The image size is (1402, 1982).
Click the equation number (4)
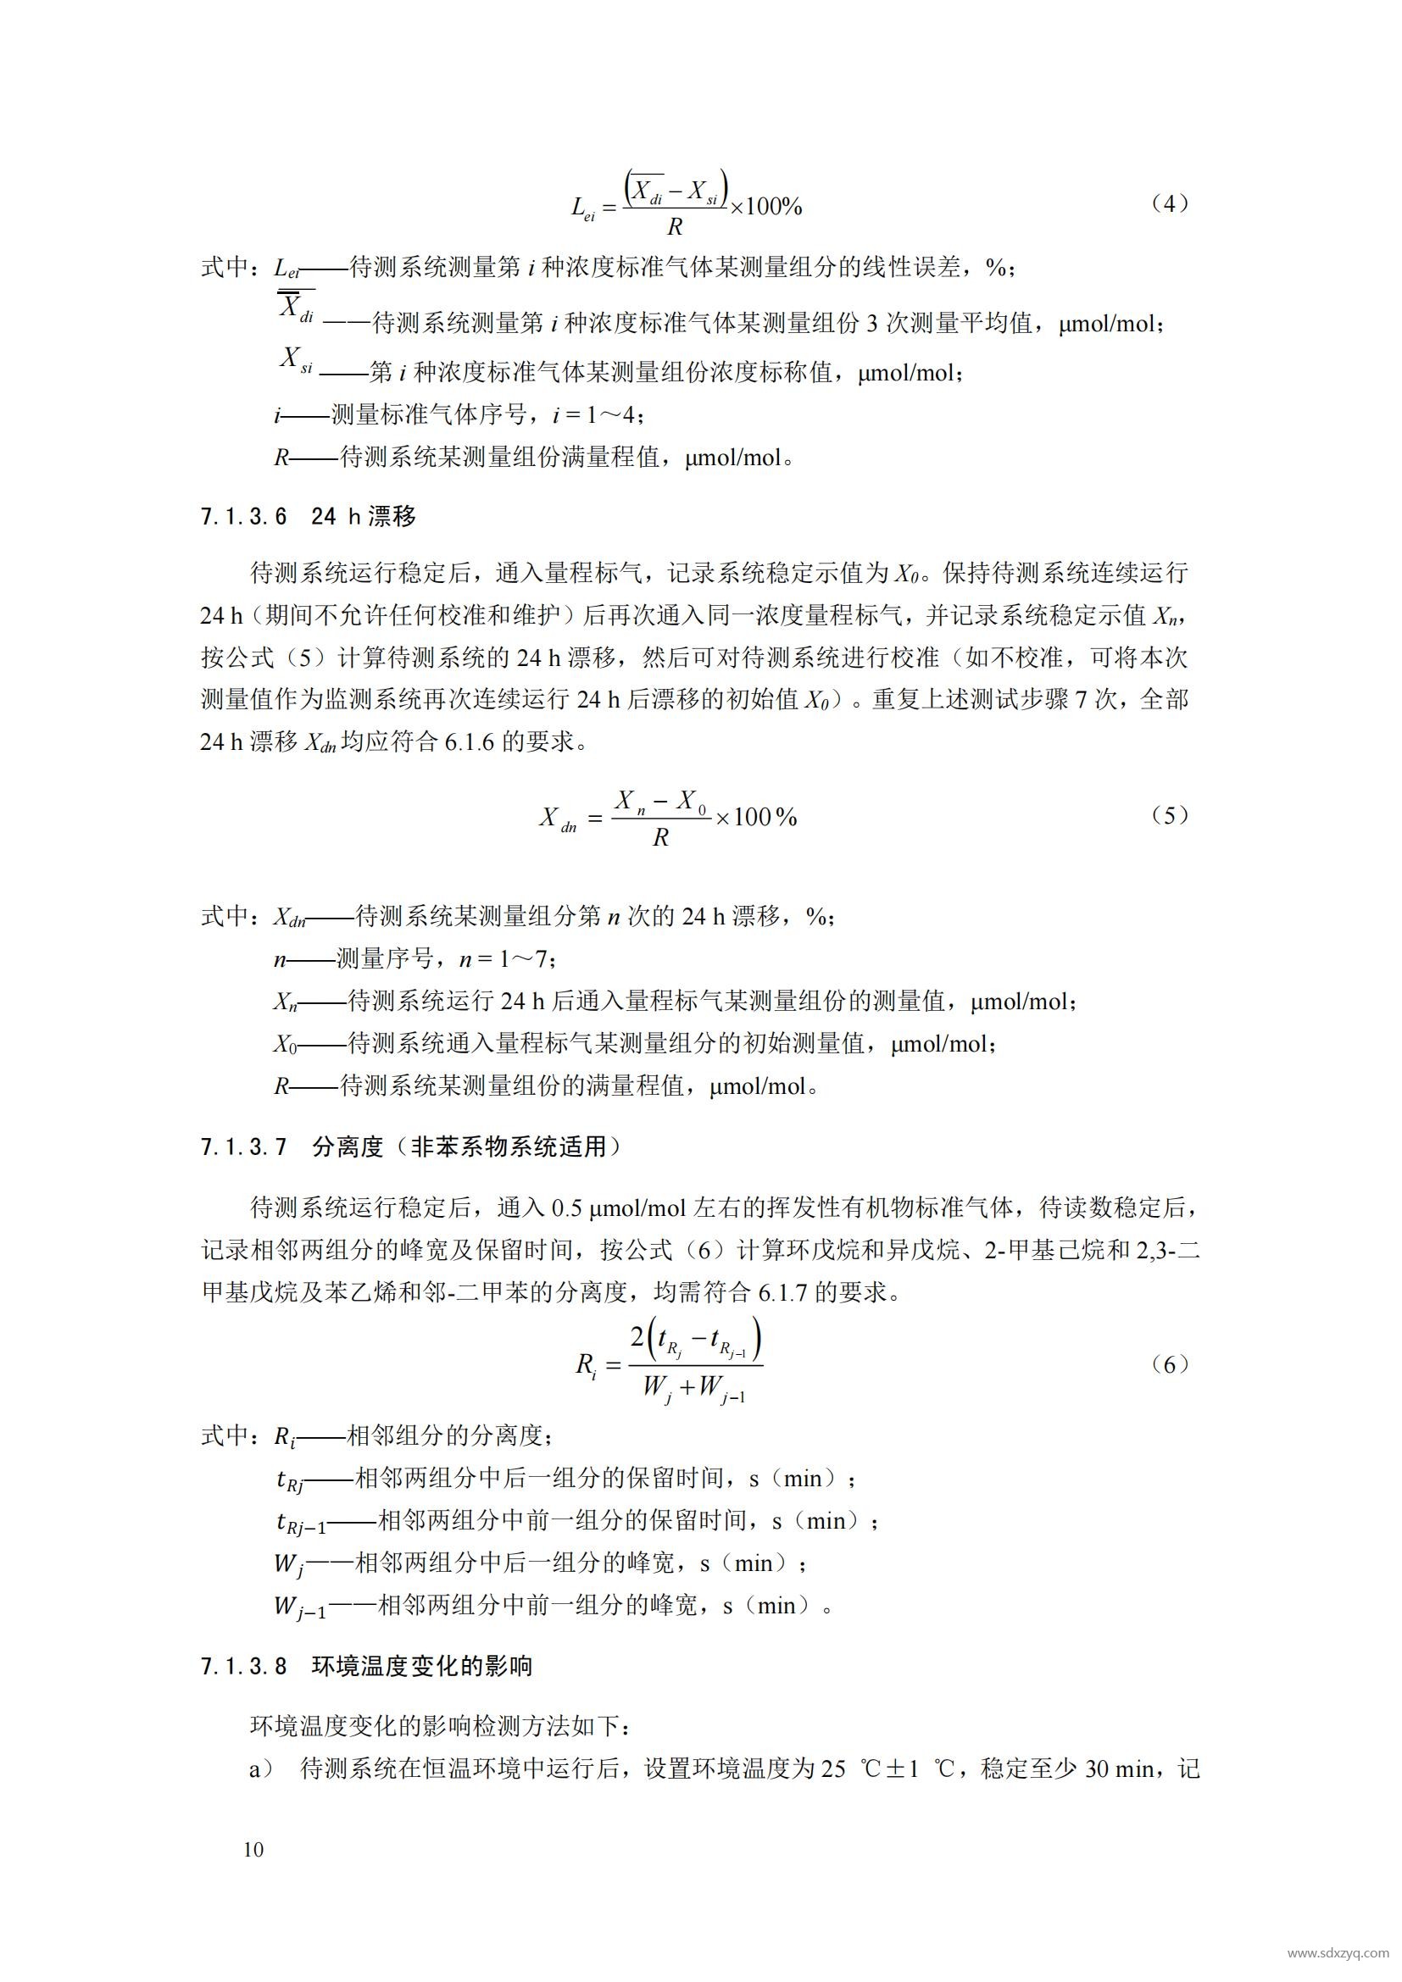(1170, 203)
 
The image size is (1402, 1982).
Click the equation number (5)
(1170, 816)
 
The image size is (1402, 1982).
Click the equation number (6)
(1170, 1364)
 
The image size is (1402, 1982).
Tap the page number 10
(253, 1849)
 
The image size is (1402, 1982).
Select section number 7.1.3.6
(243, 517)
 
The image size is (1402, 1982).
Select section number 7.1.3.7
(243, 1147)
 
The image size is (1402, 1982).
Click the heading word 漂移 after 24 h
(392, 517)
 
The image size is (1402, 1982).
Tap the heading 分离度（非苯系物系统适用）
(466, 1147)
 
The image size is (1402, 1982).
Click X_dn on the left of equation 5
(558, 819)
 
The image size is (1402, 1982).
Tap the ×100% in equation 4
(766, 206)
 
